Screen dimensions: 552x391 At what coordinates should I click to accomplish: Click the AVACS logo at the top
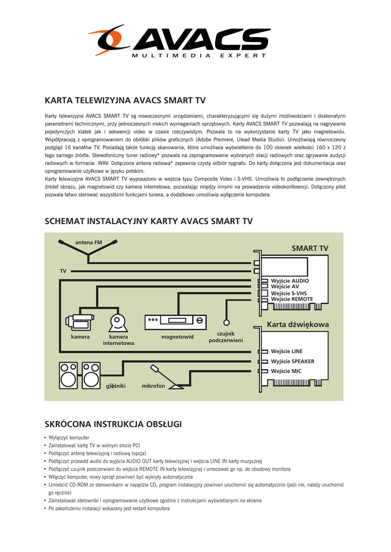click(180, 41)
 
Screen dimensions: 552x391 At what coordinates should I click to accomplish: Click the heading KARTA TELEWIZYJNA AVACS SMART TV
click(125, 100)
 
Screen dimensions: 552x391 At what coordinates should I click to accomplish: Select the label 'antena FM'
click(88, 243)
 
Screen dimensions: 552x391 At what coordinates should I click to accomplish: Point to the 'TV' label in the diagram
click(63, 271)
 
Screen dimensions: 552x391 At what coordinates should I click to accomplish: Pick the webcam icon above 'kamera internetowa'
click(118, 322)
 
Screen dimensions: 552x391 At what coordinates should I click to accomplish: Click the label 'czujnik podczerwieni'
click(225, 337)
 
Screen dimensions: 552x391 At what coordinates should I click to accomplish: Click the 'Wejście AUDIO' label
click(290, 281)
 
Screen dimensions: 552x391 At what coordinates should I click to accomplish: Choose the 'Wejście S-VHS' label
click(289, 293)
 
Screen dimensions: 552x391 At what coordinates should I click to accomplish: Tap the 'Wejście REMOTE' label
click(292, 299)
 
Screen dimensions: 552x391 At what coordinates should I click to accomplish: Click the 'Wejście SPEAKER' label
click(292, 361)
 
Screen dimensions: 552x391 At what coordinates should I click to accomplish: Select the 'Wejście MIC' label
click(286, 371)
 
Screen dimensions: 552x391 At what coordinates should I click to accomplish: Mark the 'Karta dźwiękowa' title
click(298, 325)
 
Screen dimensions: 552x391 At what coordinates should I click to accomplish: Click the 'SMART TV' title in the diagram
click(310, 248)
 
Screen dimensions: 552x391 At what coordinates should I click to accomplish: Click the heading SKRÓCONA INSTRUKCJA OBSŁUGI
click(113, 424)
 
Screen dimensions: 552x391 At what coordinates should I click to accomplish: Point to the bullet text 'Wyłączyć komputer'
click(69, 437)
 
